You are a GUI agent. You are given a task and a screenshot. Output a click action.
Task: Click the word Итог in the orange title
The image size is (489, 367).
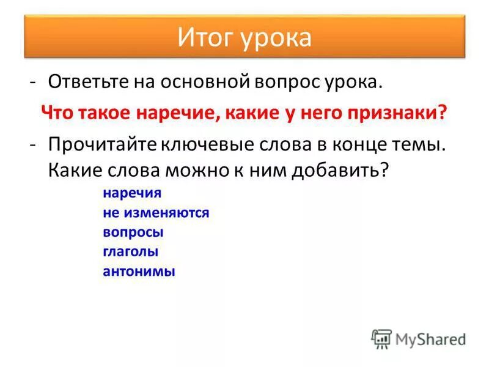pyautogui.click(x=204, y=38)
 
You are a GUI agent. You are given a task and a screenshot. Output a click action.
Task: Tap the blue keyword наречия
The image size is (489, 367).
pyautogui.click(x=132, y=193)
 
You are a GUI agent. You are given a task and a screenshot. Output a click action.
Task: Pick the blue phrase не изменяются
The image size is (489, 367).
pyautogui.click(x=156, y=213)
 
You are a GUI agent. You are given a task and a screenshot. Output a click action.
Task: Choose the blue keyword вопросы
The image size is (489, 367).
pyautogui.click(x=133, y=232)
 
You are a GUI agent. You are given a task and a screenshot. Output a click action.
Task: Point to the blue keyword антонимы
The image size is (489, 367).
pyautogui.click(x=139, y=271)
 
